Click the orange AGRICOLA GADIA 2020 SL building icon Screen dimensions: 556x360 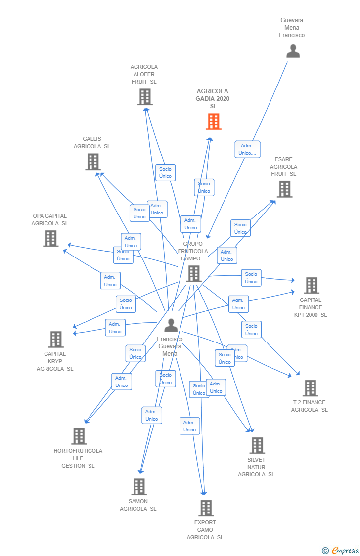[x=214, y=122]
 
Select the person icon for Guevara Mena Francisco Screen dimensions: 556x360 [x=293, y=51]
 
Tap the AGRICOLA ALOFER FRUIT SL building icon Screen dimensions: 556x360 [x=145, y=97]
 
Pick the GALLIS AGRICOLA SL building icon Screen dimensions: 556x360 [x=93, y=162]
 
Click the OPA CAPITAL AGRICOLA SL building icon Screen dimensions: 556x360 [x=50, y=239]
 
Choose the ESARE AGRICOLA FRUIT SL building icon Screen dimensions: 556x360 [x=284, y=189]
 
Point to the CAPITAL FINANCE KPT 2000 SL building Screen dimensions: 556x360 [x=312, y=286]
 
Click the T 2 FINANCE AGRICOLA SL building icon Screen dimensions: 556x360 [x=310, y=388]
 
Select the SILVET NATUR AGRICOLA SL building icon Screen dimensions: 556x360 [x=257, y=445]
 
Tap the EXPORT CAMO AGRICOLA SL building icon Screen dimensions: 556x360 [x=206, y=508]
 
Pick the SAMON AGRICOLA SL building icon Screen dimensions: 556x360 [x=139, y=487]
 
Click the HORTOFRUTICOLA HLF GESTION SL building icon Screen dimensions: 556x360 [x=79, y=436]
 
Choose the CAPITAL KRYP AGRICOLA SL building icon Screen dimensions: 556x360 [x=56, y=340]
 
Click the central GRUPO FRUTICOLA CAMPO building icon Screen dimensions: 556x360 [x=194, y=274]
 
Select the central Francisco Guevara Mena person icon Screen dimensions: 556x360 [x=171, y=326]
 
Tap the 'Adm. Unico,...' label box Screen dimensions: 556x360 [x=247, y=149]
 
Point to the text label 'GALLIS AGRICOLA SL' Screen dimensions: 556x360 [x=92, y=143]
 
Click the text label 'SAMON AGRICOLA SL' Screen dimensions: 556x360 [x=138, y=505]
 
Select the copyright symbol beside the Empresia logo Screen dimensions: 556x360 [x=325, y=550]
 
